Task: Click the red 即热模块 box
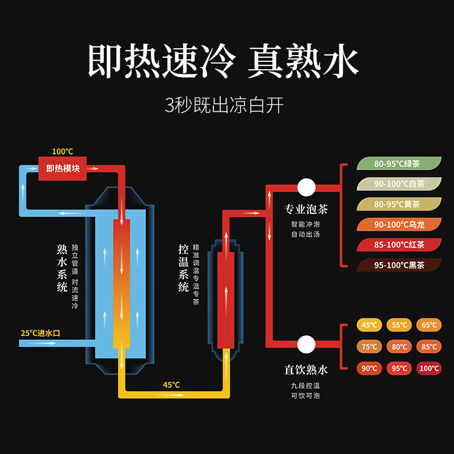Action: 62,169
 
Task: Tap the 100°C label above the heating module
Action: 62,152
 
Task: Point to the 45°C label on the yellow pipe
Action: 171,385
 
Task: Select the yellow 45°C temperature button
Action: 369,325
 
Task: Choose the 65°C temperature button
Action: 429,325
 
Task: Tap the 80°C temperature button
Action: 399,347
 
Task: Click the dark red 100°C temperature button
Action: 429,368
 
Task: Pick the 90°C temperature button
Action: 369,368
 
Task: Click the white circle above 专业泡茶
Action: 306,187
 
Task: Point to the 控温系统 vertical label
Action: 183,268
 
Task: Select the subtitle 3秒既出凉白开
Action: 224,106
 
